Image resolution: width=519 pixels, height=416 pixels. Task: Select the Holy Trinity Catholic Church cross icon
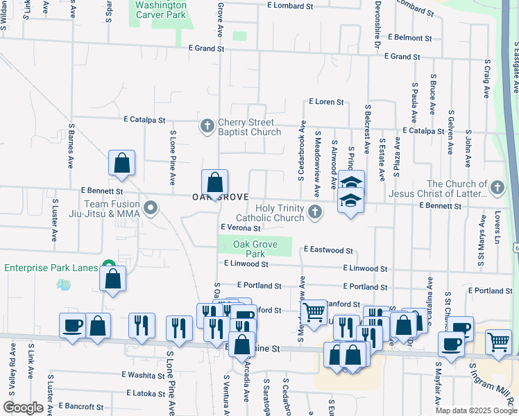coord(315,212)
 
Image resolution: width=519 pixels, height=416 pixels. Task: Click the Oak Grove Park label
coord(255,249)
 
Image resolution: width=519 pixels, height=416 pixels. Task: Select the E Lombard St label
coord(290,6)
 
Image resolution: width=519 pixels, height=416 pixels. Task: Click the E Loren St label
coord(326,102)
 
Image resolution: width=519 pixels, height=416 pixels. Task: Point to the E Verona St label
coord(240,227)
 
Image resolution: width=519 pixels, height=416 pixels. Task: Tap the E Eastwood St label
coord(328,250)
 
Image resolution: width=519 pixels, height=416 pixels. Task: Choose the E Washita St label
coord(142,375)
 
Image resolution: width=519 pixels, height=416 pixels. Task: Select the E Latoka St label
coord(146,393)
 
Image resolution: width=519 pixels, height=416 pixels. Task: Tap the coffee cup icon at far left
coord(72,327)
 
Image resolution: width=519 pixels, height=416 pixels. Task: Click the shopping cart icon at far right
coord(499,341)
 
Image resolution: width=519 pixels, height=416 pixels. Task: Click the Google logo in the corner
coord(23,408)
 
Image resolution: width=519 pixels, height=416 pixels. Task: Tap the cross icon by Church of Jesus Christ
coord(496,188)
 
